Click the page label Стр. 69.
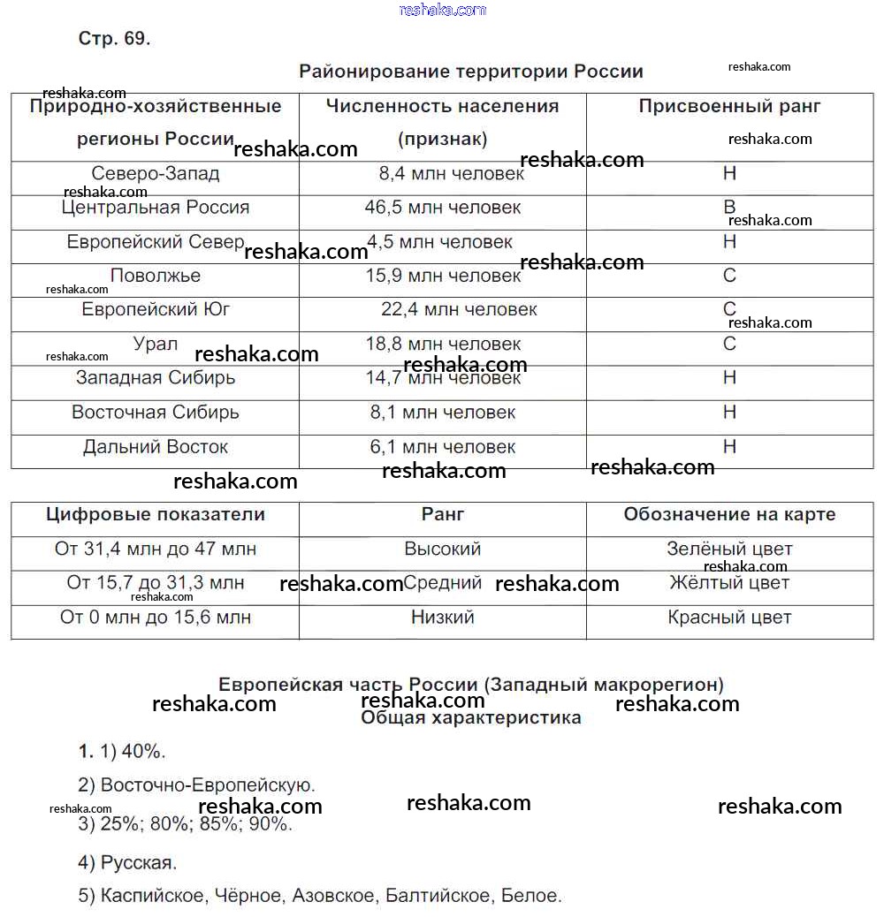tap(114, 39)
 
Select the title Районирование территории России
tap(470, 72)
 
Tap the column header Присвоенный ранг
tap(729, 106)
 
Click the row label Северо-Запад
tap(156, 174)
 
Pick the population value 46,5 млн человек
tap(442, 208)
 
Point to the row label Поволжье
tap(156, 277)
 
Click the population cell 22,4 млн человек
tap(459, 310)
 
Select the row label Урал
tap(156, 345)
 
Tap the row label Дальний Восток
tap(156, 447)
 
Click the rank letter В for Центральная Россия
tap(729, 208)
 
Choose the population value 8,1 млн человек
tap(442, 413)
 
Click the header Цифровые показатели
tap(156, 515)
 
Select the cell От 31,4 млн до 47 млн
tap(156, 549)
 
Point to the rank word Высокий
tap(442, 549)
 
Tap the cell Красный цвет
tap(729, 618)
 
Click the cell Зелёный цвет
tap(729, 549)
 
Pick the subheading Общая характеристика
tap(470, 718)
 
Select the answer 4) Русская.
tap(127, 862)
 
